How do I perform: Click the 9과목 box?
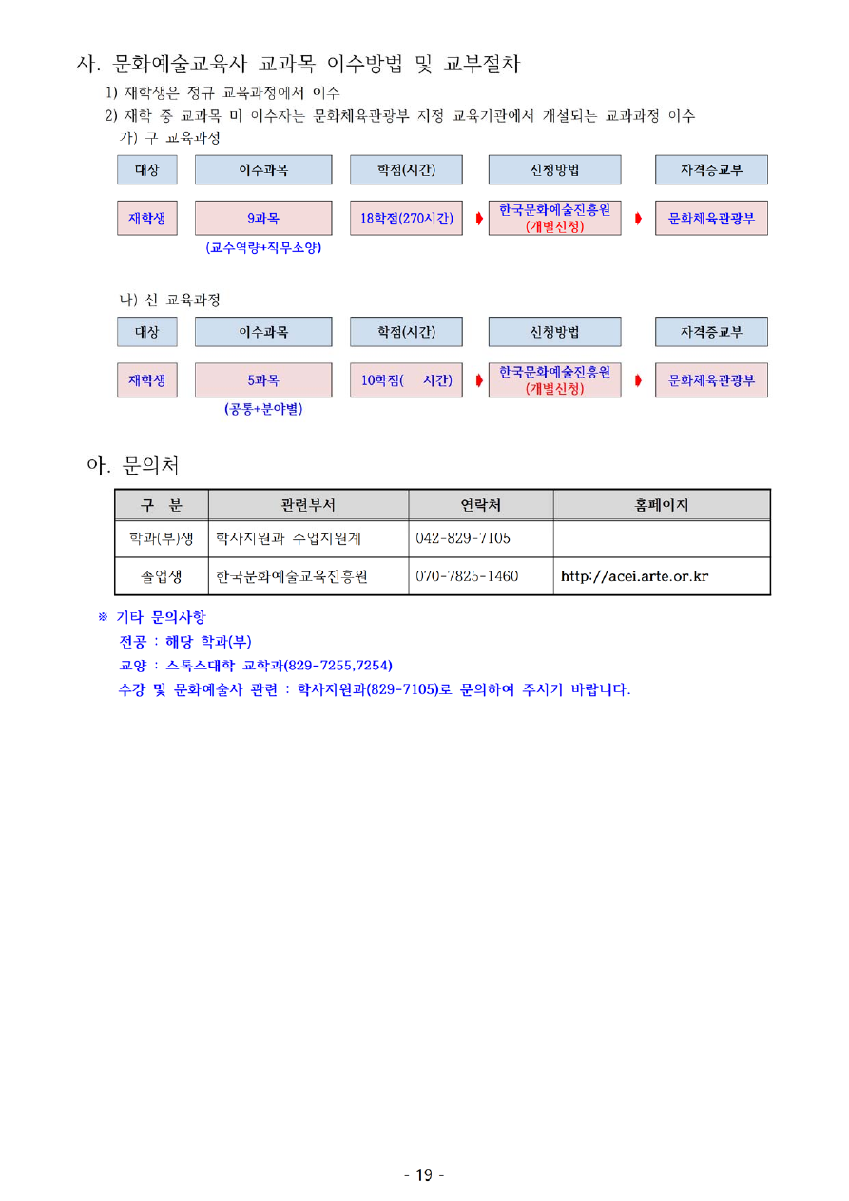(263, 218)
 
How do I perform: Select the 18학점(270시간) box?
(405, 218)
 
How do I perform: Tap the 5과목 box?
(263, 379)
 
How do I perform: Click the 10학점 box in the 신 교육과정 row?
(405, 379)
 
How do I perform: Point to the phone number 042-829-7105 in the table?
(463, 538)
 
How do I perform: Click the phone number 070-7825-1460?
(467, 576)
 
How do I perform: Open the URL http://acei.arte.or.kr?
(634, 576)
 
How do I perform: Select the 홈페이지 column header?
(662, 505)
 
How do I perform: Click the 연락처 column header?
(480, 505)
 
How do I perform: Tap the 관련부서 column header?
(308, 505)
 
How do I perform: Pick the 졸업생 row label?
(162, 576)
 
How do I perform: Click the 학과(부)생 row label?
(162, 538)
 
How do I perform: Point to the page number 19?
(424, 1175)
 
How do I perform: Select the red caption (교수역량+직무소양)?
(263, 247)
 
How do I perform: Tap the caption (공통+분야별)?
(263, 409)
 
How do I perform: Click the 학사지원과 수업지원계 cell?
(288, 538)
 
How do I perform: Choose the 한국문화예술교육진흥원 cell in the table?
(292, 576)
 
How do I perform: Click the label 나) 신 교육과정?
(169, 300)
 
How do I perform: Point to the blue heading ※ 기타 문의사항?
(152, 617)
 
